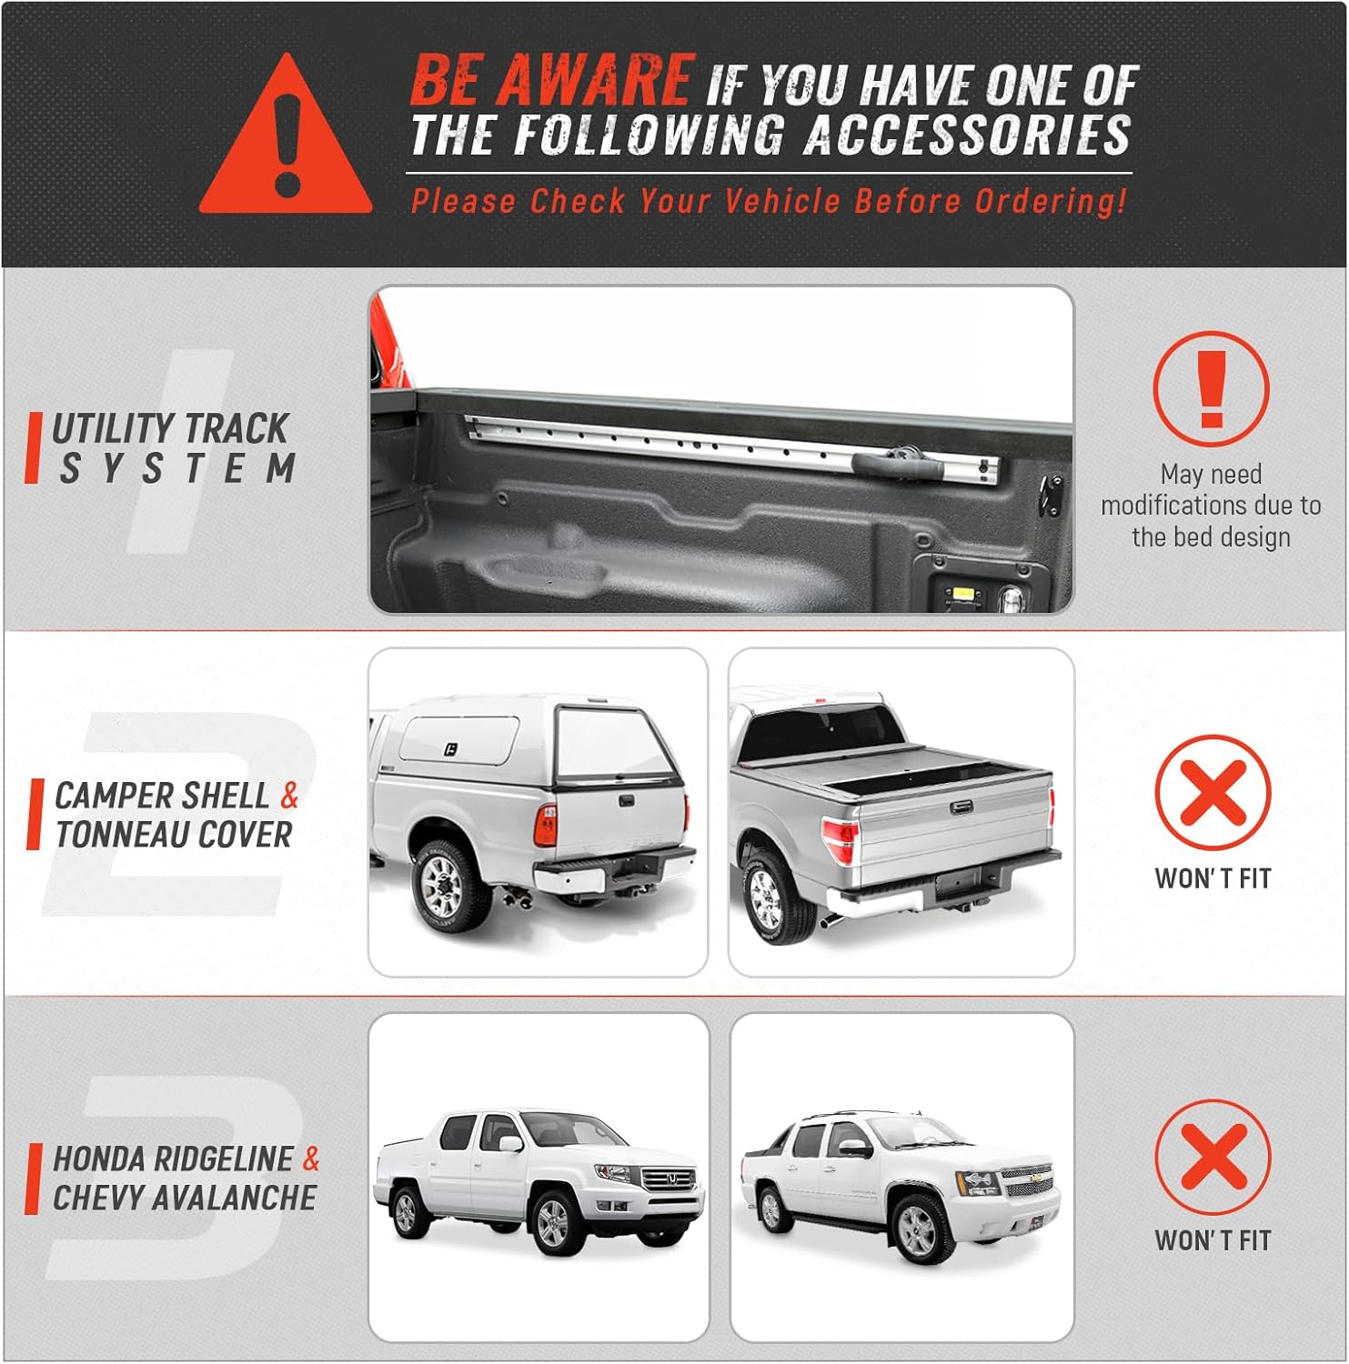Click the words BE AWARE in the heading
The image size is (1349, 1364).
[x=552, y=79]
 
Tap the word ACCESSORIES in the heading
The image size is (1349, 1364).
[x=967, y=135]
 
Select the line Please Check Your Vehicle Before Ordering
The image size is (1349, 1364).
[x=769, y=201]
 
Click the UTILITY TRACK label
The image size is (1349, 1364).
[x=170, y=428]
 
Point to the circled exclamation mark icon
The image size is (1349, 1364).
[x=1211, y=389]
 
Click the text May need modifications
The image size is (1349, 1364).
[x=1211, y=489]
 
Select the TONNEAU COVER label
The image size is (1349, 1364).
[x=174, y=835]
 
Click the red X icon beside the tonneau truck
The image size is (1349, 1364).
[x=1213, y=793]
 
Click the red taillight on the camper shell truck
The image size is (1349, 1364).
[x=546, y=826]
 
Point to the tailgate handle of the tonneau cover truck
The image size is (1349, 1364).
[x=962, y=807]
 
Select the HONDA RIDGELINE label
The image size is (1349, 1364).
[x=173, y=1159]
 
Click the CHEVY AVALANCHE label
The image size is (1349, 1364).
[x=185, y=1199]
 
